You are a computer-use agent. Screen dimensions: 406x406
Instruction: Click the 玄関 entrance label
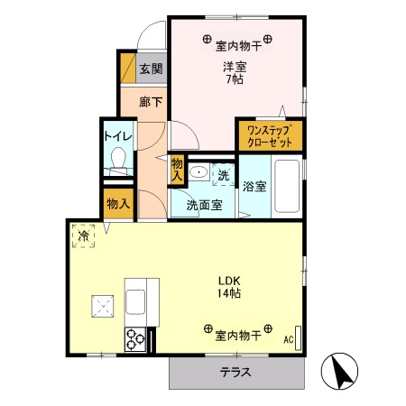(151, 68)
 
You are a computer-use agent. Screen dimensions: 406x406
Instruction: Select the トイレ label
(118, 136)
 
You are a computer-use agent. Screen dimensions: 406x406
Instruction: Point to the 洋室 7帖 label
(235, 71)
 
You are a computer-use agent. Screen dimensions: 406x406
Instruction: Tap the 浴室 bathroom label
(255, 187)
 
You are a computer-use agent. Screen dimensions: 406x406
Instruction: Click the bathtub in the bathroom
(288, 185)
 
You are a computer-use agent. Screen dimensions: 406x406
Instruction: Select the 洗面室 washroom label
(204, 205)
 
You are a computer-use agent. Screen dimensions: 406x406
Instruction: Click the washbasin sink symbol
(201, 173)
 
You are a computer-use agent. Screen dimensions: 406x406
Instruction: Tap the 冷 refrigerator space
(84, 235)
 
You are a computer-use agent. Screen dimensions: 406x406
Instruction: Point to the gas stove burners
(136, 339)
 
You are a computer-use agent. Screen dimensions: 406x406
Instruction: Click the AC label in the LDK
(289, 339)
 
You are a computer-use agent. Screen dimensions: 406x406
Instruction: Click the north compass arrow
(342, 370)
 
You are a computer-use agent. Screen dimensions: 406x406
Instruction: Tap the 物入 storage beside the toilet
(117, 203)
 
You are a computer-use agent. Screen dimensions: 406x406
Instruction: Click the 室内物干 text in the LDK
(237, 336)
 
